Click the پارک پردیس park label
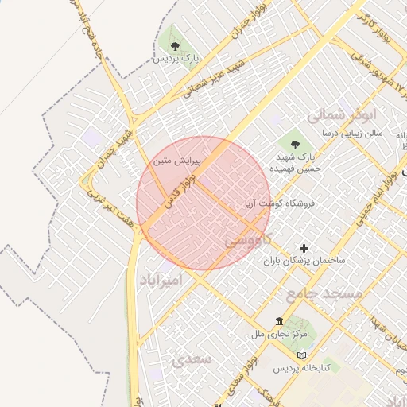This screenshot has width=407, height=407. [x=174, y=60]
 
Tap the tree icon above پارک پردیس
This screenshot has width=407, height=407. [x=174, y=43]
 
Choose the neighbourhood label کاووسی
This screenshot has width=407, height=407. [x=250, y=238]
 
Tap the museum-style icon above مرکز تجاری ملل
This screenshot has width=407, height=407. [x=278, y=320]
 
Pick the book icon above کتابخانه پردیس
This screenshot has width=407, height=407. [x=300, y=355]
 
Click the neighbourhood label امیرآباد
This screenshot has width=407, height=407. [x=162, y=281]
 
